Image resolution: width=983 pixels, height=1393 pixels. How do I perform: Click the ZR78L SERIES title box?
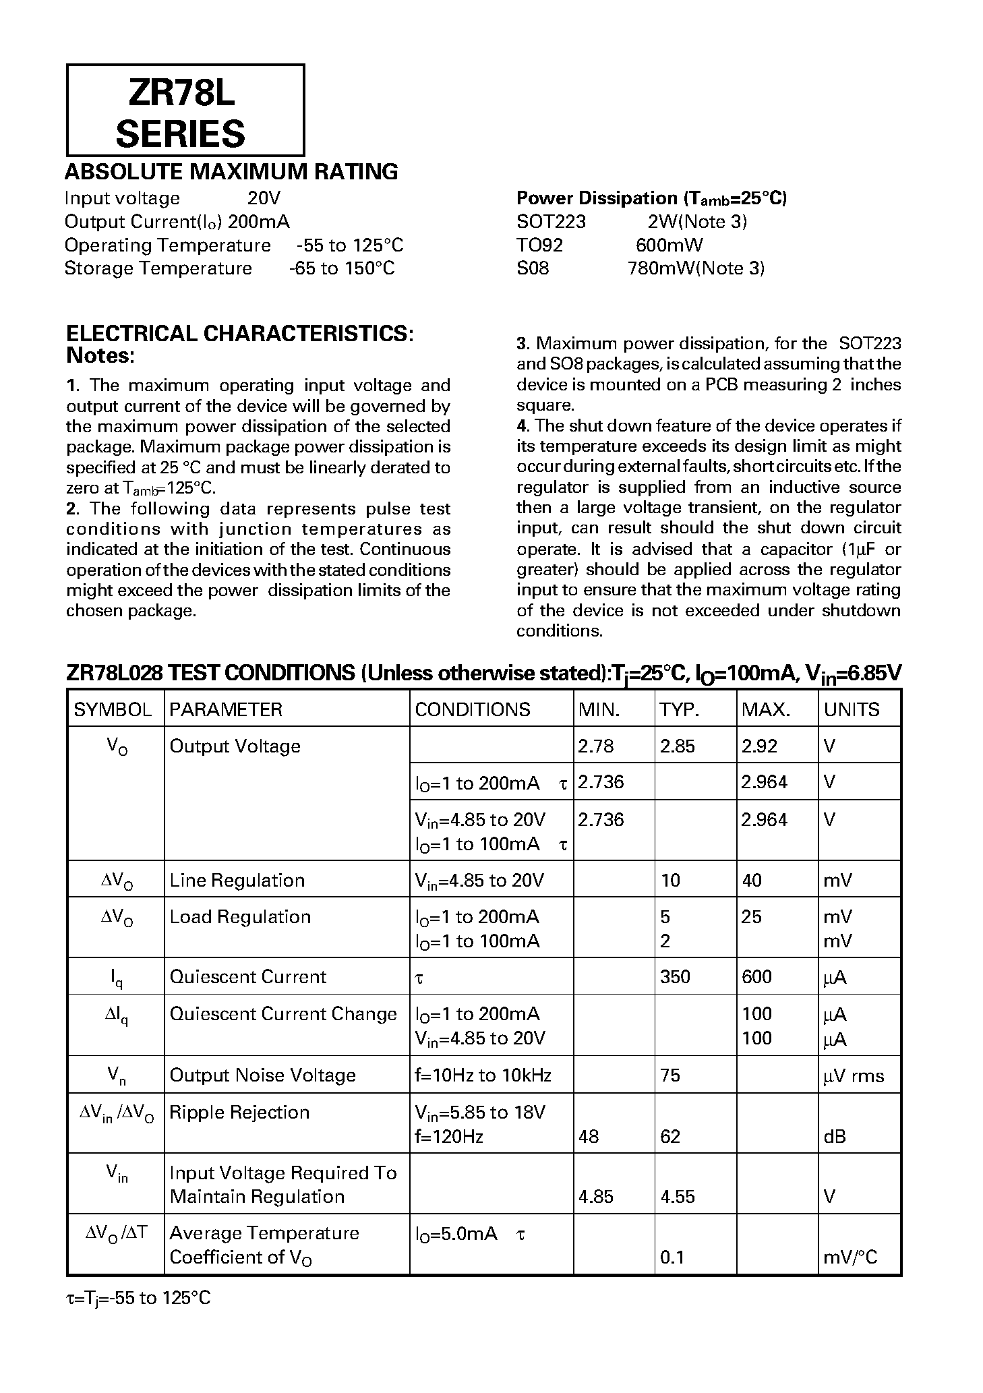tap(185, 111)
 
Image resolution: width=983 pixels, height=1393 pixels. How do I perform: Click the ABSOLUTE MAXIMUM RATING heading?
tap(231, 172)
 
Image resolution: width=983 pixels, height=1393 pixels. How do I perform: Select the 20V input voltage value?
tap(263, 198)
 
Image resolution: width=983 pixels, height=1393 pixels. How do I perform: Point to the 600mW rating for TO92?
tap(669, 245)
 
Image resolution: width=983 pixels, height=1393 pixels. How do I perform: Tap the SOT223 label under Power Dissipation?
tap(551, 222)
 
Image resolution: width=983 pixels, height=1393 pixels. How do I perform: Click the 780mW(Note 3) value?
tap(695, 268)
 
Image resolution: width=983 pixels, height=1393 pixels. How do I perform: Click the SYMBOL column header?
tap(113, 709)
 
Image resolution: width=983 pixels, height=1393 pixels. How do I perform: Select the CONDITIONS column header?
tap(473, 709)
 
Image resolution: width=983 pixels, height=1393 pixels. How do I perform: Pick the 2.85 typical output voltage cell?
tap(677, 746)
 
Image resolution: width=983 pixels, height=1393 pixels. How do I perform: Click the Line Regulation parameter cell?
tap(237, 880)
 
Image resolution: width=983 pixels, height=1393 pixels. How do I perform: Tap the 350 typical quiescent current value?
tap(675, 976)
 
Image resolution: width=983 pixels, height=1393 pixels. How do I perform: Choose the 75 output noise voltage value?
tap(670, 1075)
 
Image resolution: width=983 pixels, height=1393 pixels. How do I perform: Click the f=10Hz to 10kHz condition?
tap(483, 1075)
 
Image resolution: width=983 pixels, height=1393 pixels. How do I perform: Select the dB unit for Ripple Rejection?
tap(834, 1137)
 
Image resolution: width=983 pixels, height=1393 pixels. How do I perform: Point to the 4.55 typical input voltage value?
tap(677, 1197)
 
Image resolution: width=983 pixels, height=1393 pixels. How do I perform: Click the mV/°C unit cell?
tap(850, 1257)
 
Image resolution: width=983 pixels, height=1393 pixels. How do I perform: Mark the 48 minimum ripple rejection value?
tap(588, 1137)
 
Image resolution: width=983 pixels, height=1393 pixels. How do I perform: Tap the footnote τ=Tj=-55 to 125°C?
tap(138, 1297)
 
